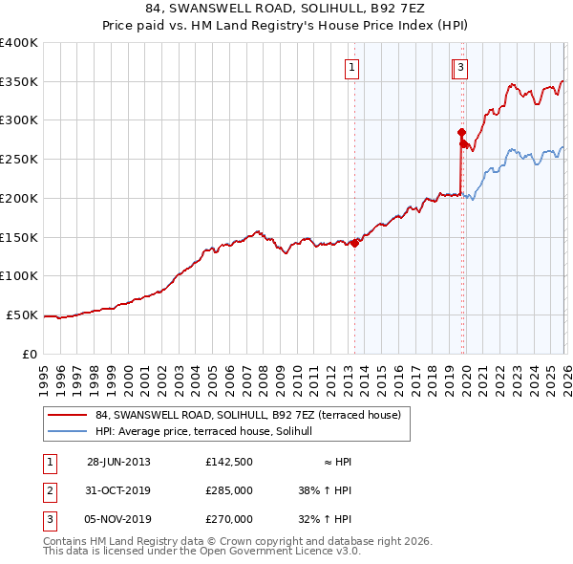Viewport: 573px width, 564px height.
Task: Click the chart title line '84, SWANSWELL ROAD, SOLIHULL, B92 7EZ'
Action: tap(286, 10)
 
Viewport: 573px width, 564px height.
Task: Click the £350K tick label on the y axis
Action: tap(19, 81)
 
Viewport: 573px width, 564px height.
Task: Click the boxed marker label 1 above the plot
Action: tap(352, 67)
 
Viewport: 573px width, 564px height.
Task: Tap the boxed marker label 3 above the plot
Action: tap(460, 67)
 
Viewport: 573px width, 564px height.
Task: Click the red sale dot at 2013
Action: tap(354, 243)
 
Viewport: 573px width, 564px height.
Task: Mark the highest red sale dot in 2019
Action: tap(461, 132)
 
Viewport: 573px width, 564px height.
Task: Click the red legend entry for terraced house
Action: tap(253, 415)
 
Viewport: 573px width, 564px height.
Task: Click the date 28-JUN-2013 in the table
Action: tap(118, 462)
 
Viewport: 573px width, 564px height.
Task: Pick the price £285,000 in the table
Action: tap(229, 490)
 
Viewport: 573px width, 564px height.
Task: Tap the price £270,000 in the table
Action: tap(229, 519)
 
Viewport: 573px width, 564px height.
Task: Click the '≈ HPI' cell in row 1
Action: tap(336, 462)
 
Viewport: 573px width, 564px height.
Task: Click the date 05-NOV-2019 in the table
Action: tap(118, 519)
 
